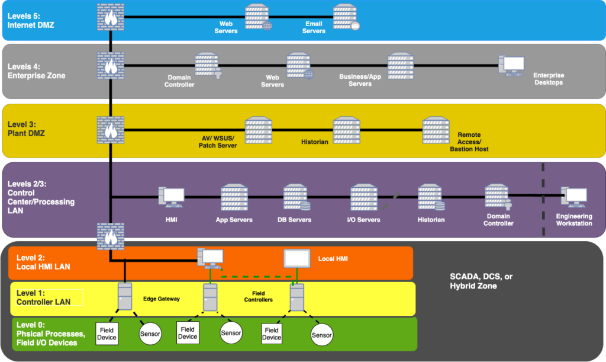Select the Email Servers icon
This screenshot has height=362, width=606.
click(346, 17)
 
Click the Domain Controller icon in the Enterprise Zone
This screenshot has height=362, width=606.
click(208, 65)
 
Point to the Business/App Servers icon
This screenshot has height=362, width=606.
click(400, 65)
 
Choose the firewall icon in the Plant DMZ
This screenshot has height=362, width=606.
click(111, 129)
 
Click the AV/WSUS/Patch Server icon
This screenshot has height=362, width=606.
click(258, 130)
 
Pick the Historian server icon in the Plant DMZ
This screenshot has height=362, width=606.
click(346, 129)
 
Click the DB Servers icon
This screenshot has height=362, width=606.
click(296, 197)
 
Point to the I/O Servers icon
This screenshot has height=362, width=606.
click(363, 197)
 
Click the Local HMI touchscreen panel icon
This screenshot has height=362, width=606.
click(297, 260)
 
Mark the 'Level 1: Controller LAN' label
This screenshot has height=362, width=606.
click(43, 297)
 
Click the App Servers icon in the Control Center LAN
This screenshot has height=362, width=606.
click(234, 197)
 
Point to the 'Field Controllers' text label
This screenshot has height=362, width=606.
click(259, 296)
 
